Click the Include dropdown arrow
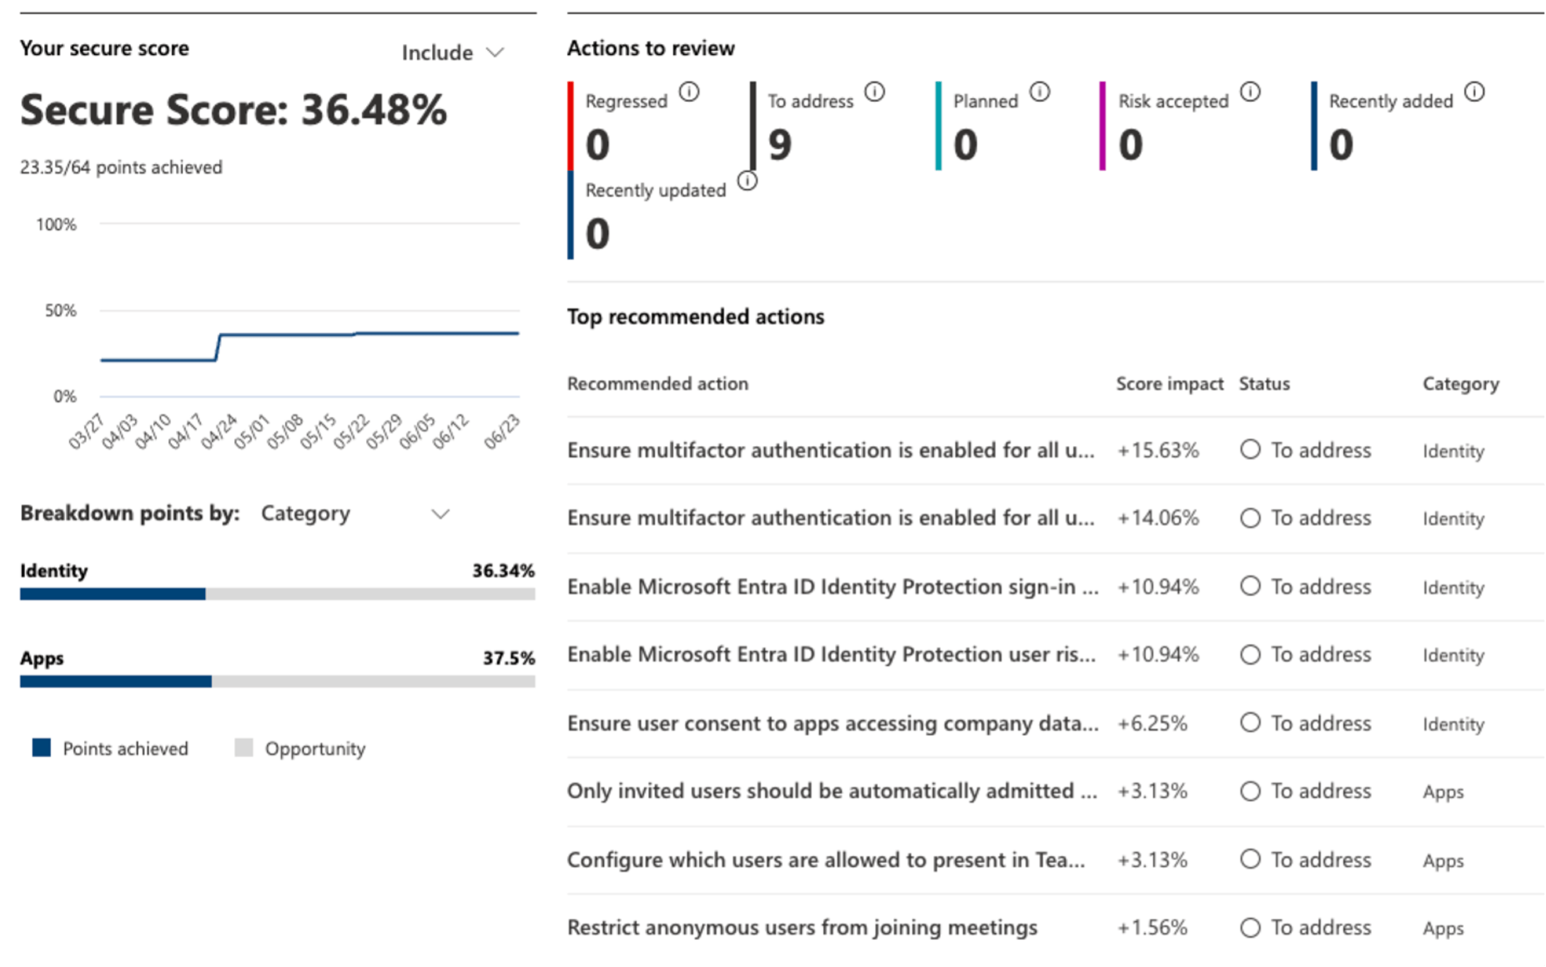click(496, 52)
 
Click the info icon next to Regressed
click(689, 92)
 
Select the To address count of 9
click(780, 145)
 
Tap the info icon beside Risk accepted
click(1250, 92)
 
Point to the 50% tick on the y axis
click(60, 310)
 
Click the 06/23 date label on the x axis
click(502, 430)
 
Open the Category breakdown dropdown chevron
click(440, 514)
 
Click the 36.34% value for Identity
click(503, 570)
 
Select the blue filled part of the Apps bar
click(115, 681)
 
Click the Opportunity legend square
click(244, 748)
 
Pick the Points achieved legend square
click(42, 748)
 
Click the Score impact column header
click(1169, 384)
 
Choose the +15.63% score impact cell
click(1158, 450)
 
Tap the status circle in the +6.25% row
click(1250, 722)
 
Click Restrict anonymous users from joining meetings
click(802, 927)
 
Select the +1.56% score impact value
click(1152, 927)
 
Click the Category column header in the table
click(1460, 384)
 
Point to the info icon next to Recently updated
click(747, 181)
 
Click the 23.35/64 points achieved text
click(121, 168)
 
